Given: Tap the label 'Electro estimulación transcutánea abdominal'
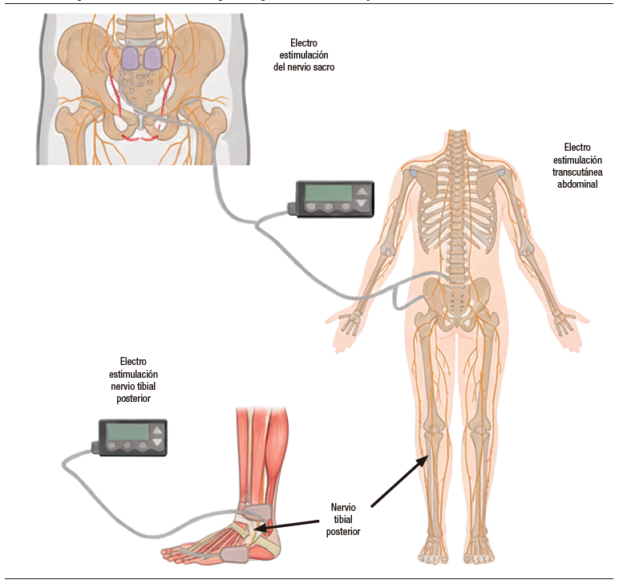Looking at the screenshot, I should coord(576,165).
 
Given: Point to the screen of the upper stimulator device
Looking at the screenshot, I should coord(325,193).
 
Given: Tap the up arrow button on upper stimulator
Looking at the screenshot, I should coord(362,192).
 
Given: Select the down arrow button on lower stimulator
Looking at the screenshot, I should coord(157,443).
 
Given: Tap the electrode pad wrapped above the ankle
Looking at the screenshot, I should coord(258,510).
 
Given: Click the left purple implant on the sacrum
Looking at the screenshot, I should coord(131,57).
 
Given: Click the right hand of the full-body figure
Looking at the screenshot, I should coord(565,323).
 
